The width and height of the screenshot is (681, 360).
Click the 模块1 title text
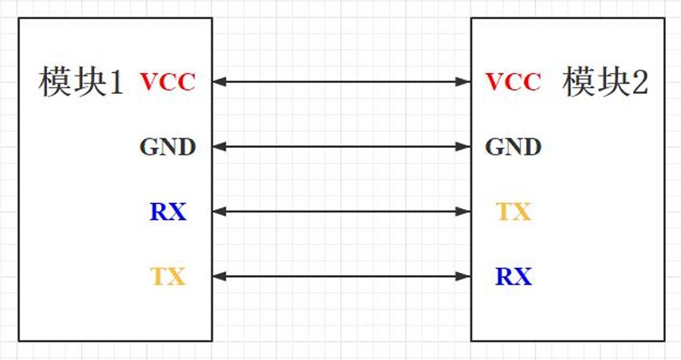tap(81, 82)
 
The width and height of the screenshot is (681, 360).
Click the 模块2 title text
tap(606, 82)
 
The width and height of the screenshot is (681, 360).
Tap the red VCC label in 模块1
tap(168, 82)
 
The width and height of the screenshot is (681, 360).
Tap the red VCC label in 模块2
tap(513, 82)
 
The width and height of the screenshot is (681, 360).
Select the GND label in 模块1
tap(168, 148)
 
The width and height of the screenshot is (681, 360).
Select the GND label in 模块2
tap(513, 148)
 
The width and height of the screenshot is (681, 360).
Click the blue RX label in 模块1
tap(168, 212)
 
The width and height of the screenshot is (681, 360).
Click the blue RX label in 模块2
tap(513, 276)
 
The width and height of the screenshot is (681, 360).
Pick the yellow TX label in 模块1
tap(168, 276)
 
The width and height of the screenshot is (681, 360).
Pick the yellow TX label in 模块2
tap(513, 212)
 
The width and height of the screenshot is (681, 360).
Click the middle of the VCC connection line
tap(341, 81)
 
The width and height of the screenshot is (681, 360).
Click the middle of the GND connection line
tap(341, 147)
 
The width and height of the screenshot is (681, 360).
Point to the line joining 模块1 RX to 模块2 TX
tap(341, 211)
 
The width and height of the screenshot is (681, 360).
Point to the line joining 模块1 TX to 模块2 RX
tap(341, 275)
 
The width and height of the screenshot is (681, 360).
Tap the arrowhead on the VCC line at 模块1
tap(219, 81)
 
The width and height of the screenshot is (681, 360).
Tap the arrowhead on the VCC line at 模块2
tap(465, 81)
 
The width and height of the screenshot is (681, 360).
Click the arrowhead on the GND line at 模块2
tap(465, 147)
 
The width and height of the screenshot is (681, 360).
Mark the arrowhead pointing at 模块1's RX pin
tap(219, 211)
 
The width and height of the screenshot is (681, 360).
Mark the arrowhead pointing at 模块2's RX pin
tap(465, 275)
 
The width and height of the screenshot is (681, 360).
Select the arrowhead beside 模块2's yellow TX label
tap(465, 211)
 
